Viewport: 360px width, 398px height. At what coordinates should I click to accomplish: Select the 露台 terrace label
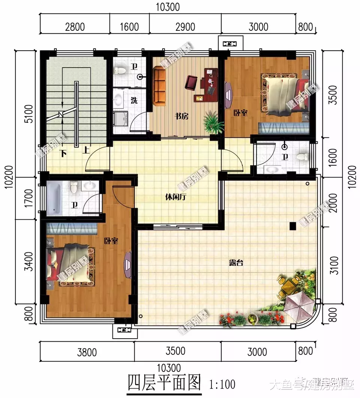click(236, 263)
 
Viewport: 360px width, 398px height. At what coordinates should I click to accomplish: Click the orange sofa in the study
click(160, 86)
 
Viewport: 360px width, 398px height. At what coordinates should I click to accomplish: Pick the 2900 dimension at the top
click(185, 27)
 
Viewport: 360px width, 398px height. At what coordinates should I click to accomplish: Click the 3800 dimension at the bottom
click(87, 352)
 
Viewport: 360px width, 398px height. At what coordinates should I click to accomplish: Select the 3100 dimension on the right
click(335, 265)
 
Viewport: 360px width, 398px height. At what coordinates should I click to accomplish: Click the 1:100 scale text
click(222, 384)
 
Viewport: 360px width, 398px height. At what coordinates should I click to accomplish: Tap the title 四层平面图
click(164, 383)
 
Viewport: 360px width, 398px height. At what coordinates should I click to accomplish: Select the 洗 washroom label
click(134, 100)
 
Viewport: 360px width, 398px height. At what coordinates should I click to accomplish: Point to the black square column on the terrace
click(293, 226)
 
